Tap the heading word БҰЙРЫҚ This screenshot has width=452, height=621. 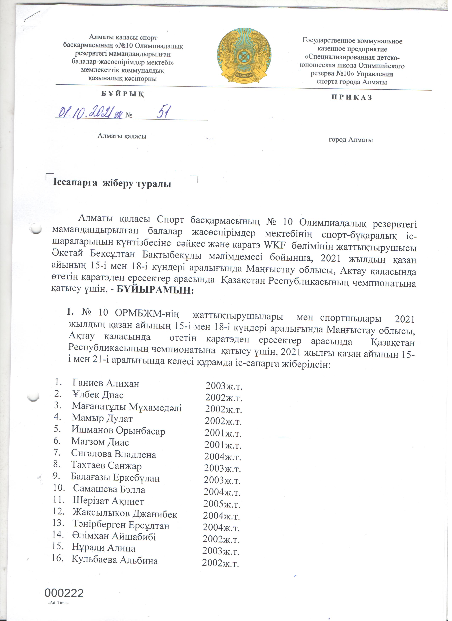coord(122,94)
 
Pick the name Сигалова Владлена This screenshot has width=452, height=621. coord(114,454)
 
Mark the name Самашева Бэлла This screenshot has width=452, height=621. coord(109,489)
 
